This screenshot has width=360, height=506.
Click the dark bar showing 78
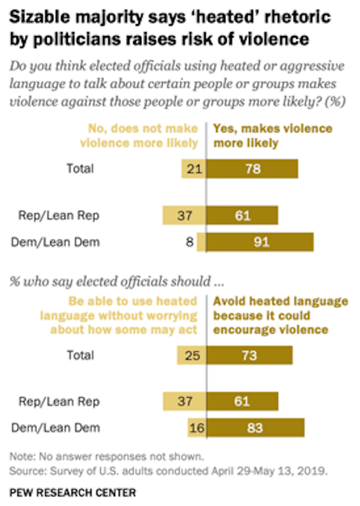pos(253,168)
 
